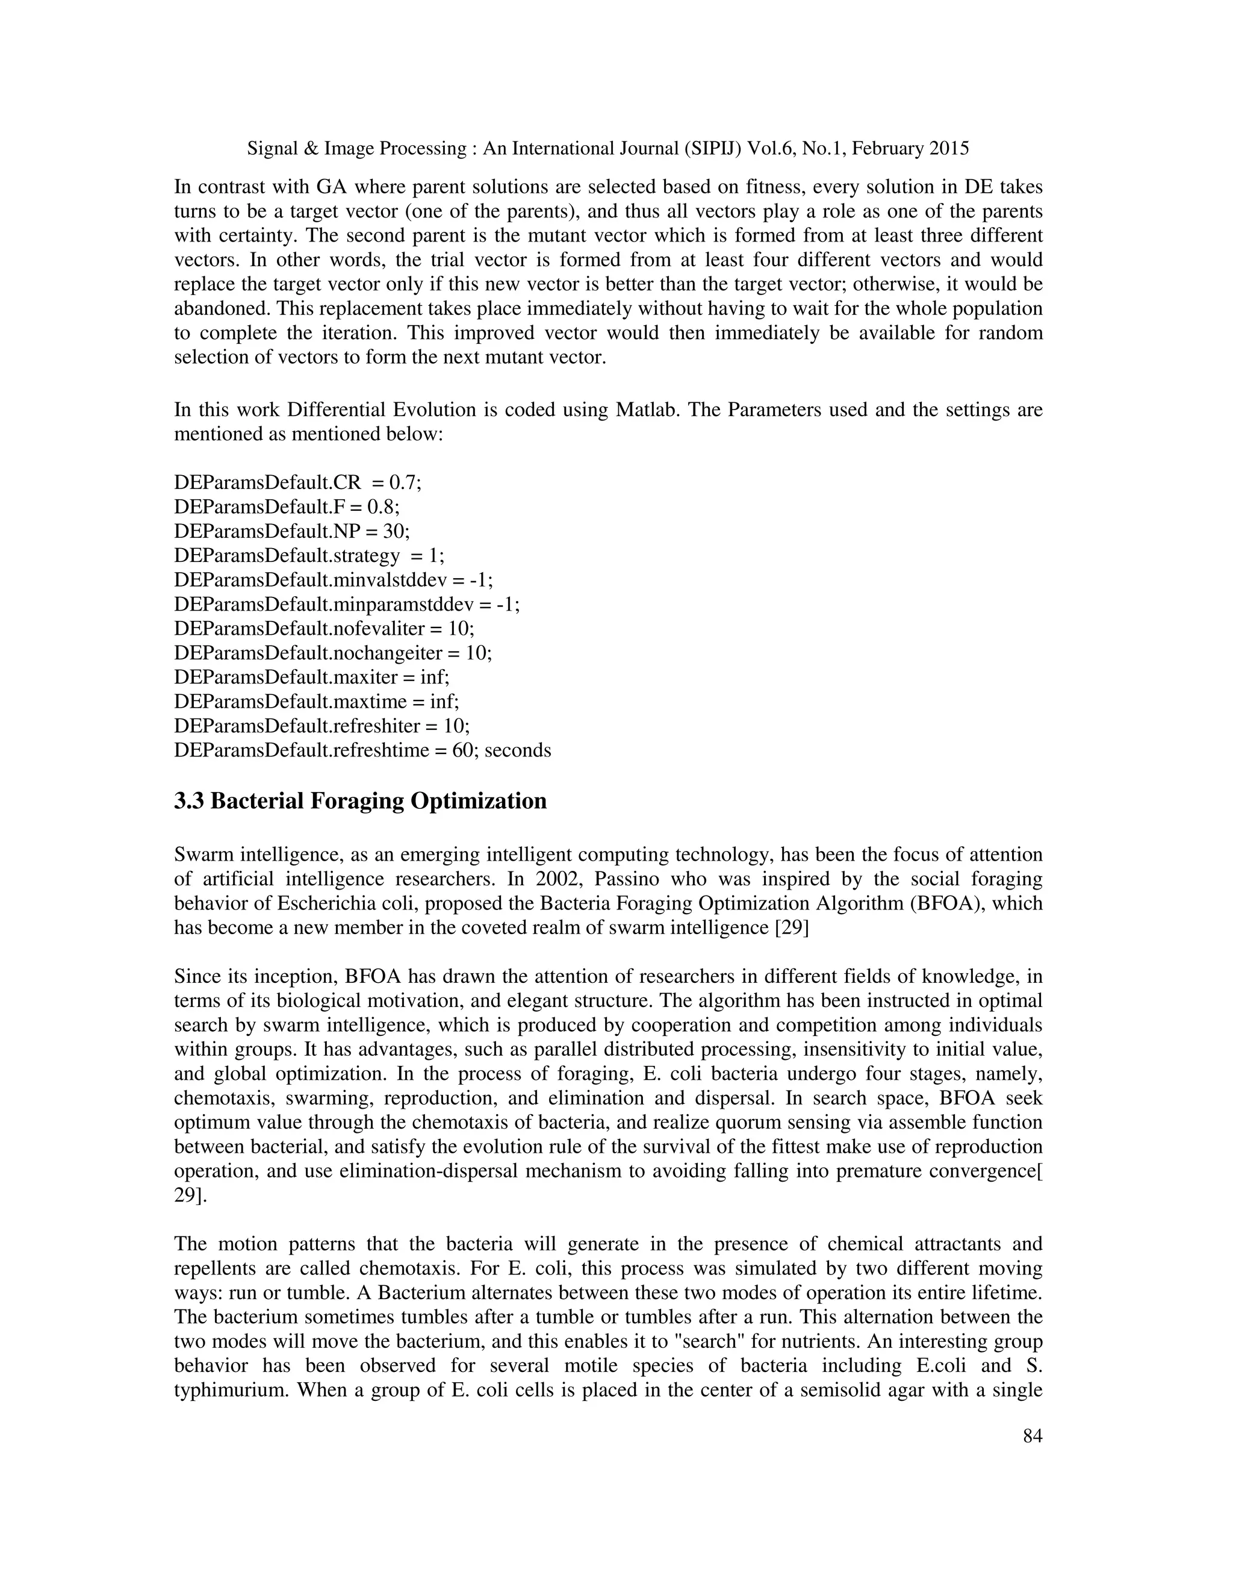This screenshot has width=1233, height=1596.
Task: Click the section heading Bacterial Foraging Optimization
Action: click(360, 801)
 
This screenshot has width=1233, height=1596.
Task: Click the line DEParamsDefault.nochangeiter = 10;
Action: click(332, 653)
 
